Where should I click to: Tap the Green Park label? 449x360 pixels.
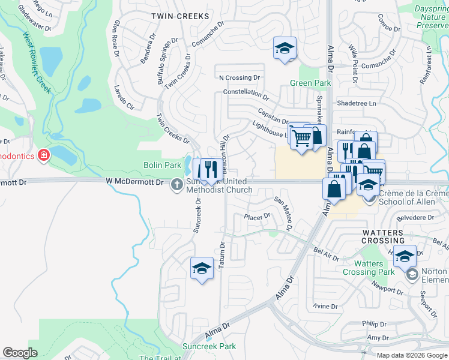pos(310,83)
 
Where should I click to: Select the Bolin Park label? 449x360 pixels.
pos(162,165)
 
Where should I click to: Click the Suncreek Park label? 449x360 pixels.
pos(209,346)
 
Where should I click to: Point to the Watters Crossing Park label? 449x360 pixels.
pos(369,268)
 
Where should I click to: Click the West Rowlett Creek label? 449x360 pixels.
pos(37,66)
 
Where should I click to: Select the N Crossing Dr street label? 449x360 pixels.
pos(240,77)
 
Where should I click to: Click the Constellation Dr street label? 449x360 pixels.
pos(246,93)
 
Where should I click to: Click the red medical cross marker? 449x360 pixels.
pos(43,156)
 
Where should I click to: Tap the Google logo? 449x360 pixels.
pos(20,353)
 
